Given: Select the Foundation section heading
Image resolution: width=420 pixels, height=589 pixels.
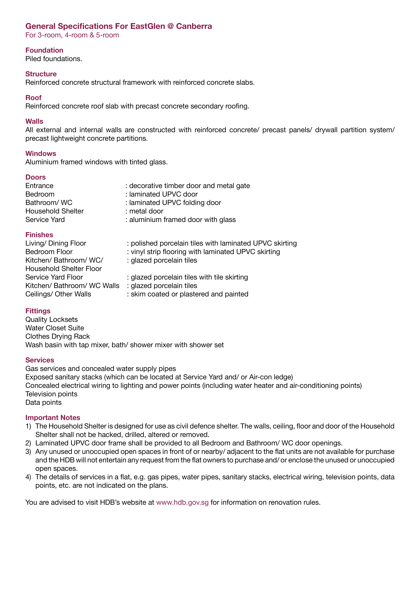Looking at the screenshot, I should pyautogui.click(x=44, y=50).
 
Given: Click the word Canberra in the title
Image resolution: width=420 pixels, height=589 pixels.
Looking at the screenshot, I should pyautogui.click(x=194, y=26).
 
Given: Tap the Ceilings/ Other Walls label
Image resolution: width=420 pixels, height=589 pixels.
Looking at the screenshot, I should pyautogui.click(x=58, y=294).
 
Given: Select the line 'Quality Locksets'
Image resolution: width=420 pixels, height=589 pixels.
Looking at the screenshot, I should pyautogui.click(x=51, y=320).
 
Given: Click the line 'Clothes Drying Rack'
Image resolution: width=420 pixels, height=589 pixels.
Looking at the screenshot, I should pyautogui.click(x=57, y=336).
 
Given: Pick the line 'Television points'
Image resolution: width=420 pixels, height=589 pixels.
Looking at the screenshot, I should pyautogui.click(x=51, y=394).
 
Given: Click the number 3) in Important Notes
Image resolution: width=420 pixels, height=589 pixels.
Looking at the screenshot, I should pyautogui.click(x=28, y=452).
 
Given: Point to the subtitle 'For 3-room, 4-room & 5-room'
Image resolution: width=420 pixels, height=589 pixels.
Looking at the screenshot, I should pyautogui.click(x=72, y=35).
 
